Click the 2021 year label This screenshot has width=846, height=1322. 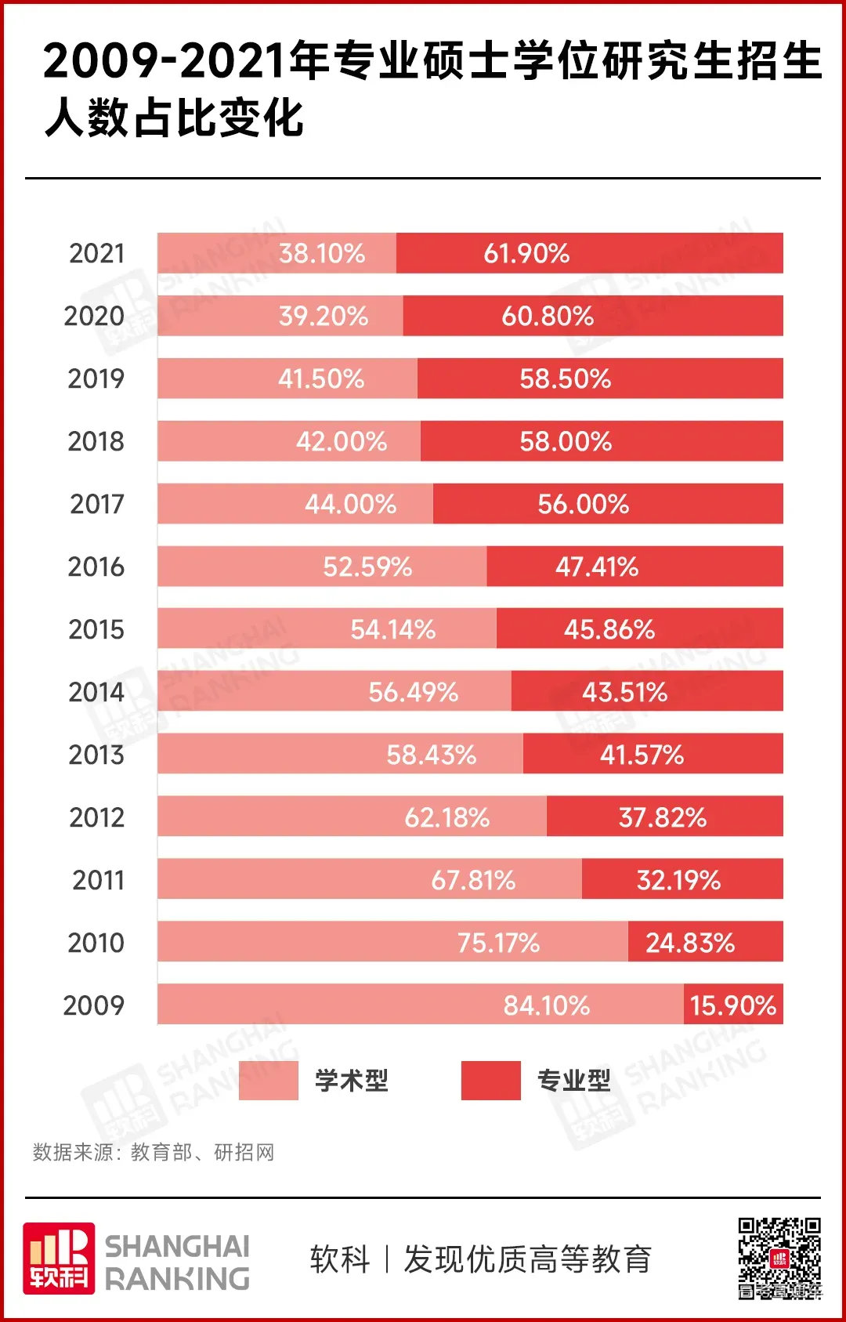(96, 253)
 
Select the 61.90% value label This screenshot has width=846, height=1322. (526, 253)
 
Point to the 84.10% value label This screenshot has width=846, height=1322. (546, 1005)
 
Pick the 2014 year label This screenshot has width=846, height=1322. (96, 692)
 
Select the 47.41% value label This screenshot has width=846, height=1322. (597, 567)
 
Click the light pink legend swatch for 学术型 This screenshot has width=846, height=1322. (268, 1081)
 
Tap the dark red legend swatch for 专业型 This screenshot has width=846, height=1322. (490, 1081)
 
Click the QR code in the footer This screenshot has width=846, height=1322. (779, 1258)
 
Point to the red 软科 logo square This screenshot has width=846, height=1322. (59, 1258)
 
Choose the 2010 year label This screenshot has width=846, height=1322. (96, 943)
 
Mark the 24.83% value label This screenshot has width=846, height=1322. (690, 943)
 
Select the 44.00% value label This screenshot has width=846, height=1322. (350, 504)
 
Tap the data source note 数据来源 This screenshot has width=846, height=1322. (154, 1152)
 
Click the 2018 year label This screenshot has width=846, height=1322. (96, 441)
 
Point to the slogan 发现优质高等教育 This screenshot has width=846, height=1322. (527, 1259)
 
